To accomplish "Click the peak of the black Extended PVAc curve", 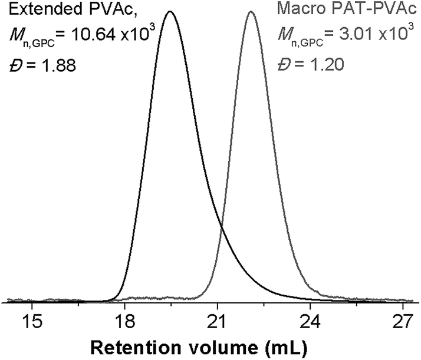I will [170, 12].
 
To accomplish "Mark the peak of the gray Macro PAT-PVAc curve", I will [251, 12].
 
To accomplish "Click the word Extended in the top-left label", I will [36, 11].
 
